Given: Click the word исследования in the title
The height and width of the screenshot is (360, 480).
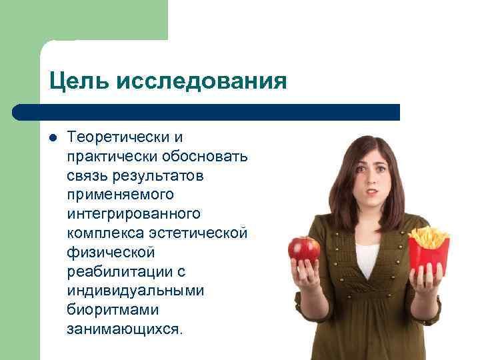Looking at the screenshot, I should point(202,81).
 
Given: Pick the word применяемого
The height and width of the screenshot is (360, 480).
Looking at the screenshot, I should point(120,195).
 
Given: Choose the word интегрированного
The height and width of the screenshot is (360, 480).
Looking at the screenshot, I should point(133,215).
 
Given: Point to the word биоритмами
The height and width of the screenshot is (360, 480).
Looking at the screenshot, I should point(109,311).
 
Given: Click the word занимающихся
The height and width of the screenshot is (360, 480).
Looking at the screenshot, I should point(124,330).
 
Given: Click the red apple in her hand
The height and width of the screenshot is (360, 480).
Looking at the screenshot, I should point(304,249).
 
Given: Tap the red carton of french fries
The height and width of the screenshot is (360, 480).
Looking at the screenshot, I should point(428,253).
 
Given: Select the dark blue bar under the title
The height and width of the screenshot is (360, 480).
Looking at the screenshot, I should point(207,112).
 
